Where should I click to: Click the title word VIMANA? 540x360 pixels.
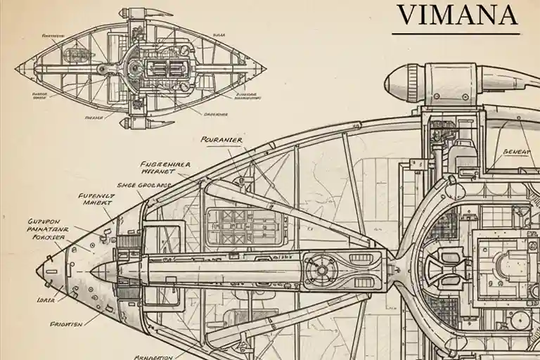click(457, 14)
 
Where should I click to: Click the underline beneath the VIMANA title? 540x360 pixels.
click(456, 33)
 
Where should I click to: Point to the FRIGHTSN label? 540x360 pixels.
click(66, 324)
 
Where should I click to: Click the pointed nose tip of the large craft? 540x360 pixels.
click(38, 270)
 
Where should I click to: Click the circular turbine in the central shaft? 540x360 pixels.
click(322, 269)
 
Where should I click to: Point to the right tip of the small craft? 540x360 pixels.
click(266, 69)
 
